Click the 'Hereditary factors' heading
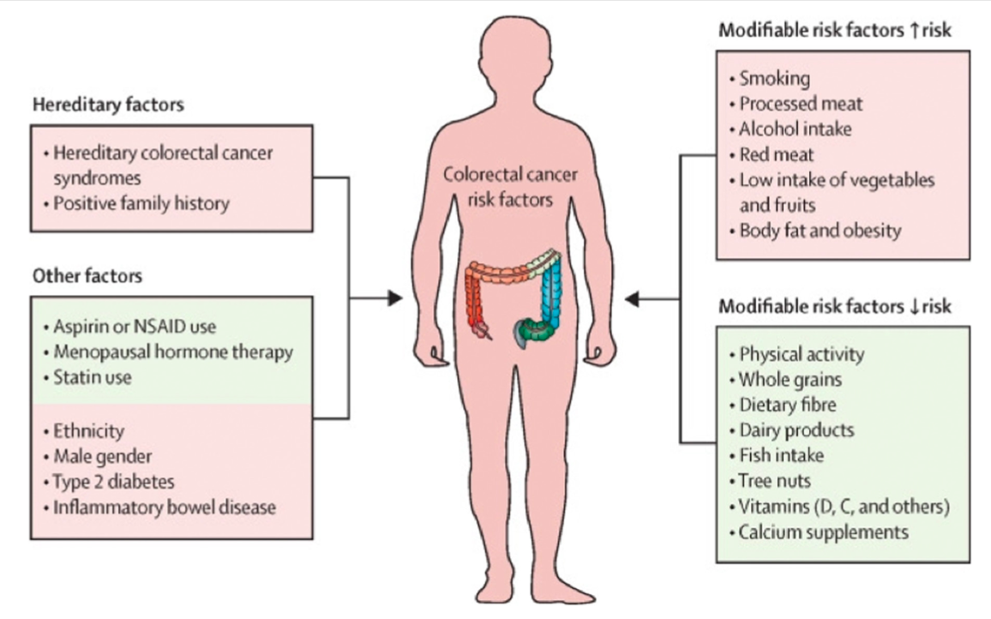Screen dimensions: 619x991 [x=108, y=105]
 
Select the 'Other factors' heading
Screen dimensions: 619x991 [x=87, y=276]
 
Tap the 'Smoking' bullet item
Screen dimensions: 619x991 [x=774, y=79]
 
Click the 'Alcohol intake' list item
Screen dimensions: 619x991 [x=796, y=129]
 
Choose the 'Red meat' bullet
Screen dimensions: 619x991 [x=777, y=155]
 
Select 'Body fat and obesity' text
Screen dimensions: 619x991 [x=820, y=231]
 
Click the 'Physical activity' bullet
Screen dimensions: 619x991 [x=802, y=353]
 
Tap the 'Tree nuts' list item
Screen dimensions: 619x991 [x=774, y=481]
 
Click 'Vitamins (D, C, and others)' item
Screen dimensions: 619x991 [x=844, y=507]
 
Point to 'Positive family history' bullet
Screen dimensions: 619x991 [x=141, y=204]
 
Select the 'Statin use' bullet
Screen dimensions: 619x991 [x=92, y=376]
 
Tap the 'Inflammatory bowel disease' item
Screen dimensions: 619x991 [x=165, y=507]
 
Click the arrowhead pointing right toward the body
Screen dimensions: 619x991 [x=393, y=298]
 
